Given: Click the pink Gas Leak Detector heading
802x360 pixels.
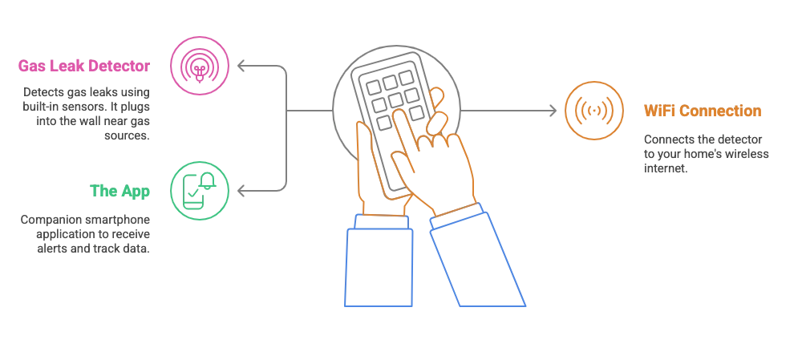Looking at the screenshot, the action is pos(84,66).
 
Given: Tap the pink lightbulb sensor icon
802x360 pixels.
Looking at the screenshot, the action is pos(200,66).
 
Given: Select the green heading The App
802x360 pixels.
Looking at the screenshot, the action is pos(120,191).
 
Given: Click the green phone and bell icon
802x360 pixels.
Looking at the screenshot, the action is pos(200,191).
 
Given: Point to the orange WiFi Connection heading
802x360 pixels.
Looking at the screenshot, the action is pos(703,111).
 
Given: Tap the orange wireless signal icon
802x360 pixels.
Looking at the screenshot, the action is pos(594,111).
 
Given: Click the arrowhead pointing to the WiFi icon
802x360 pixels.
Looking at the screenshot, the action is pos(553,111).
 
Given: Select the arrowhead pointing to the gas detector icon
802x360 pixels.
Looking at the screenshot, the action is pos(242,66).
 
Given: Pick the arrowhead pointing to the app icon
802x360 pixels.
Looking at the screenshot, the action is pos(242,192).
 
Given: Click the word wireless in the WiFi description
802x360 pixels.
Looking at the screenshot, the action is pos(751,153).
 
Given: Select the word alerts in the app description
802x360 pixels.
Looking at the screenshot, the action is pos(51,249).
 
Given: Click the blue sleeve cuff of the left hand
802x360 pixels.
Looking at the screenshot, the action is pos(382,222).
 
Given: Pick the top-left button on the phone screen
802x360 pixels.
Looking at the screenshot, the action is pos(373,87).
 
